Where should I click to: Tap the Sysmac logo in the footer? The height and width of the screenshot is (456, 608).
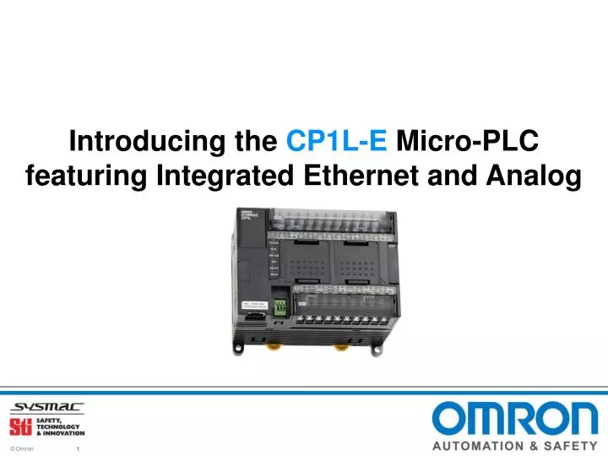[47, 406]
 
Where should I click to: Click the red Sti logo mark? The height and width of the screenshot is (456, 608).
[19, 426]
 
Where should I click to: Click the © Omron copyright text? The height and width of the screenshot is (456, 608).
[22, 448]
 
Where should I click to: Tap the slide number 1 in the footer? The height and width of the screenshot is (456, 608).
[78, 448]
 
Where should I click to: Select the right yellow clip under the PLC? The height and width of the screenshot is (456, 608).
[340, 345]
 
